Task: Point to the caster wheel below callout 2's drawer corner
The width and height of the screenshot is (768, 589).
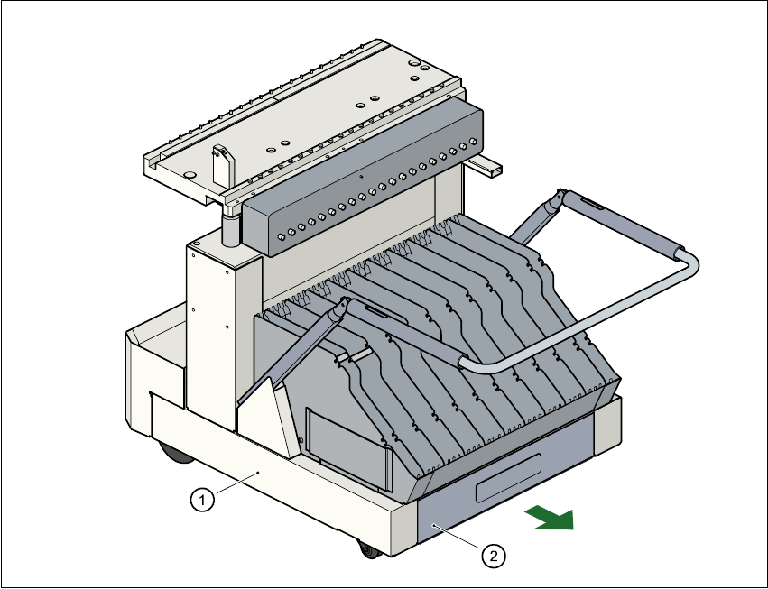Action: [367, 548]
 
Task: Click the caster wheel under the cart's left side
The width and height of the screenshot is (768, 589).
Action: [173, 452]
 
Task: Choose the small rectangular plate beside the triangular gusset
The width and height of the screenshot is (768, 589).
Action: [348, 447]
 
